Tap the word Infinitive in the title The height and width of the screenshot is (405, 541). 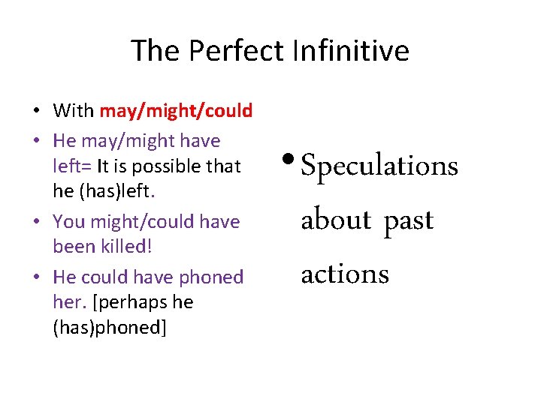(351, 51)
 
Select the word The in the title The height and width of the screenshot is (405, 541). (156, 51)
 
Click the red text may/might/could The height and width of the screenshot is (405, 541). (176, 112)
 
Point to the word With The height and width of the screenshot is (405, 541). (73, 112)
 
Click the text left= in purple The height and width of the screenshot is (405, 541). (72, 166)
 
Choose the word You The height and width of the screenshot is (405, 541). (69, 221)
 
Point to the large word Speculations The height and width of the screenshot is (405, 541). (379, 166)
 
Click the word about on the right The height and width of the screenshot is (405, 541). (336, 220)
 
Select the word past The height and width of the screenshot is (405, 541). (409, 221)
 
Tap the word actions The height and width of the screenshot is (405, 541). (345, 274)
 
